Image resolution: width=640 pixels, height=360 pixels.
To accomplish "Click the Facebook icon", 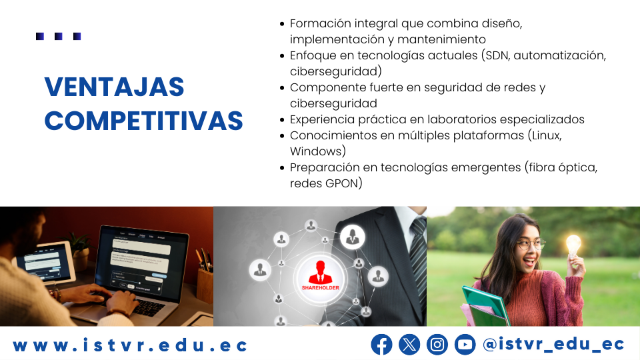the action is pyautogui.click(x=381, y=345).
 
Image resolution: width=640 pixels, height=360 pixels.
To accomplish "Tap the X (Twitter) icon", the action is pyautogui.click(x=409, y=345).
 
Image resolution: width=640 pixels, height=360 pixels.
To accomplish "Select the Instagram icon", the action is pyautogui.click(x=437, y=345).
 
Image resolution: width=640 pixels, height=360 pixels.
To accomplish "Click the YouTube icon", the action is pyautogui.click(x=465, y=345).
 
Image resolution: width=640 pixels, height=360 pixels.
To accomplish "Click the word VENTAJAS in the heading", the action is pyautogui.click(x=114, y=87).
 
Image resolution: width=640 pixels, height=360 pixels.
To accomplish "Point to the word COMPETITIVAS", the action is pyautogui.click(x=144, y=121).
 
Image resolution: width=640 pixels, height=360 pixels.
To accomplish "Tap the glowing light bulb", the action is pyautogui.click(x=573, y=245).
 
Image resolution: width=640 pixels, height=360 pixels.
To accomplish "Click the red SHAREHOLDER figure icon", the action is pyautogui.click(x=321, y=273).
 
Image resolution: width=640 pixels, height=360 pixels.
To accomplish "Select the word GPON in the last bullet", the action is pyautogui.click(x=342, y=183).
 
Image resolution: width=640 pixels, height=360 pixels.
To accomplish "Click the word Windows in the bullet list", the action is pyautogui.click(x=315, y=151).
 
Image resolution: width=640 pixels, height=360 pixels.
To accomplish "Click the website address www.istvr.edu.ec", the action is pyautogui.click(x=130, y=345).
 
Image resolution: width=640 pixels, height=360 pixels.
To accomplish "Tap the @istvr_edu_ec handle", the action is pyautogui.click(x=553, y=345).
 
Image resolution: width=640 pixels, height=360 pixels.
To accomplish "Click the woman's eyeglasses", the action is pyautogui.click(x=530, y=245).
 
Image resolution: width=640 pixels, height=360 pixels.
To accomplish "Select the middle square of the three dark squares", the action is pyautogui.click(x=59, y=36).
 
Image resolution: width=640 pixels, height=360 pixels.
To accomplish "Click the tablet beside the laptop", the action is pyautogui.click(x=45, y=261).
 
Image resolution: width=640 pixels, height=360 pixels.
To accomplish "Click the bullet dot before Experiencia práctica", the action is pyautogui.click(x=281, y=120).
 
